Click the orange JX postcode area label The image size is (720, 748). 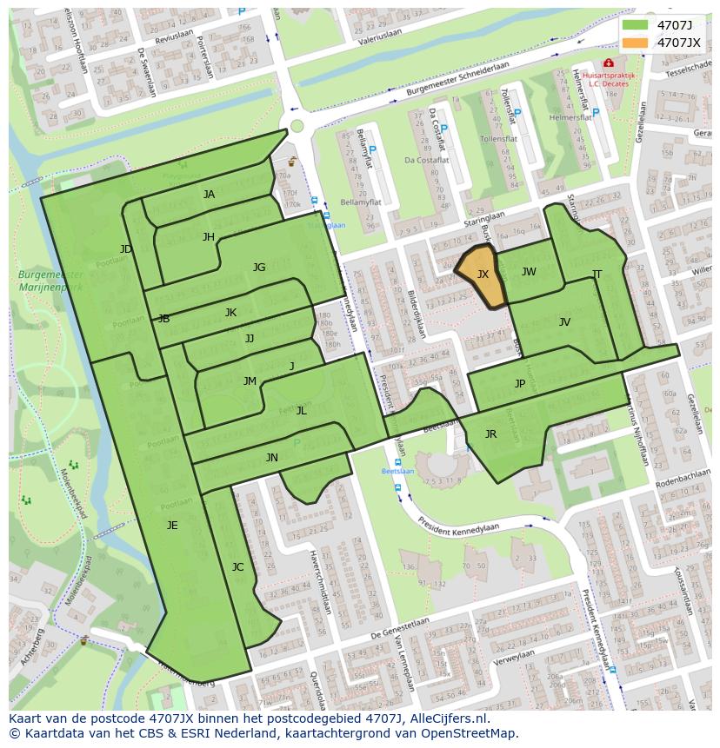483,275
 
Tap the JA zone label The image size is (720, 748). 209,195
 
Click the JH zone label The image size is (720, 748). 209,237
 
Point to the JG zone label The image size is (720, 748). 259,268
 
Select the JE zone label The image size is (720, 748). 172,525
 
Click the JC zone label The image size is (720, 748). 237,567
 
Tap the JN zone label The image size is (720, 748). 272,458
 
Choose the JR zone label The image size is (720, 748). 490,434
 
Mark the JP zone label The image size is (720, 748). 520,384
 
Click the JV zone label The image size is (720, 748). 564,322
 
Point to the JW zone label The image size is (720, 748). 529,272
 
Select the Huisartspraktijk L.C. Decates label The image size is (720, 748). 610,80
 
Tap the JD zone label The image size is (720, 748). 126,250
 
